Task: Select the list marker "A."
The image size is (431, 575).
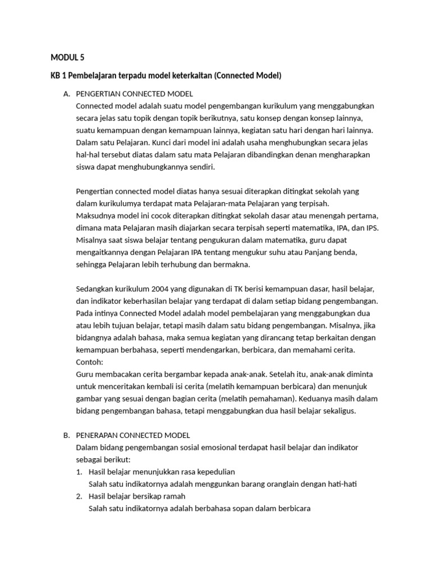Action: (x=66, y=94)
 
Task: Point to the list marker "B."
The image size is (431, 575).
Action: (x=66, y=435)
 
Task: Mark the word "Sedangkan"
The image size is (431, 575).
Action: (x=94, y=289)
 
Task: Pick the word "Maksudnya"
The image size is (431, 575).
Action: (x=95, y=216)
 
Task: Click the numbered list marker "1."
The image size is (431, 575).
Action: (x=79, y=472)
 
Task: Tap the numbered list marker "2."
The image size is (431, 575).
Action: (x=79, y=496)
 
